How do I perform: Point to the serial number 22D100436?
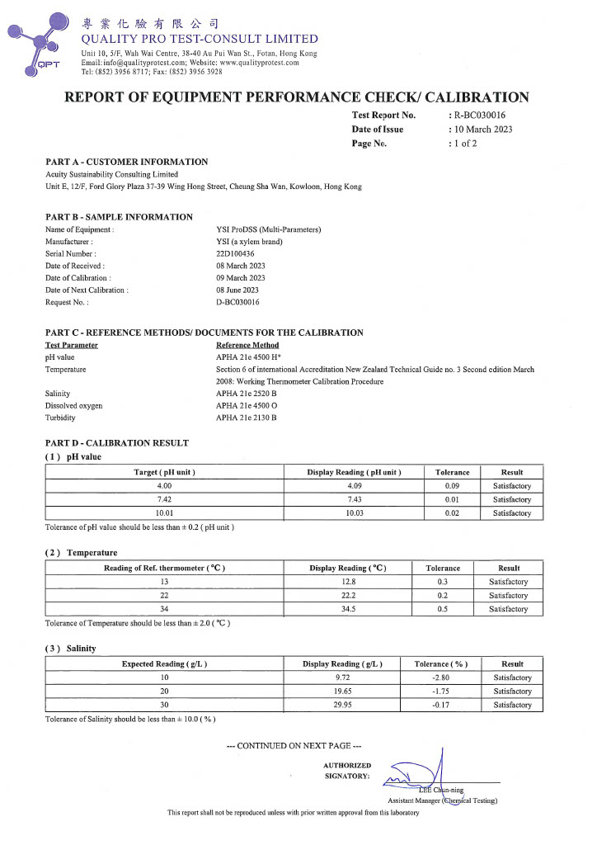click(x=235, y=253)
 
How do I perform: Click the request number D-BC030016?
click(x=237, y=303)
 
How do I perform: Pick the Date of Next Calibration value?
click(x=237, y=290)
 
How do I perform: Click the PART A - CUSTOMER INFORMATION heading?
click(x=126, y=162)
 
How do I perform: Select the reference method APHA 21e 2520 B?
click(x=246, y=394)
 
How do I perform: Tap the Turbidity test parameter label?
click(x=60, y=418)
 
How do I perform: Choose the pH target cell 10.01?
click(x=164, y=513)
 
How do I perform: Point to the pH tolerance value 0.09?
click(x=452, y=486)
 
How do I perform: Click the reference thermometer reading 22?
click(x=164, y=595)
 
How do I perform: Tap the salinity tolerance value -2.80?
click(x=442, y=677)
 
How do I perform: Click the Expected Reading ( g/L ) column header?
click(x=164, y=663)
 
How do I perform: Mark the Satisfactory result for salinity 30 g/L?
click(x=512, y=705)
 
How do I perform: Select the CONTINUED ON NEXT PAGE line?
click(x=294, y=746)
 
